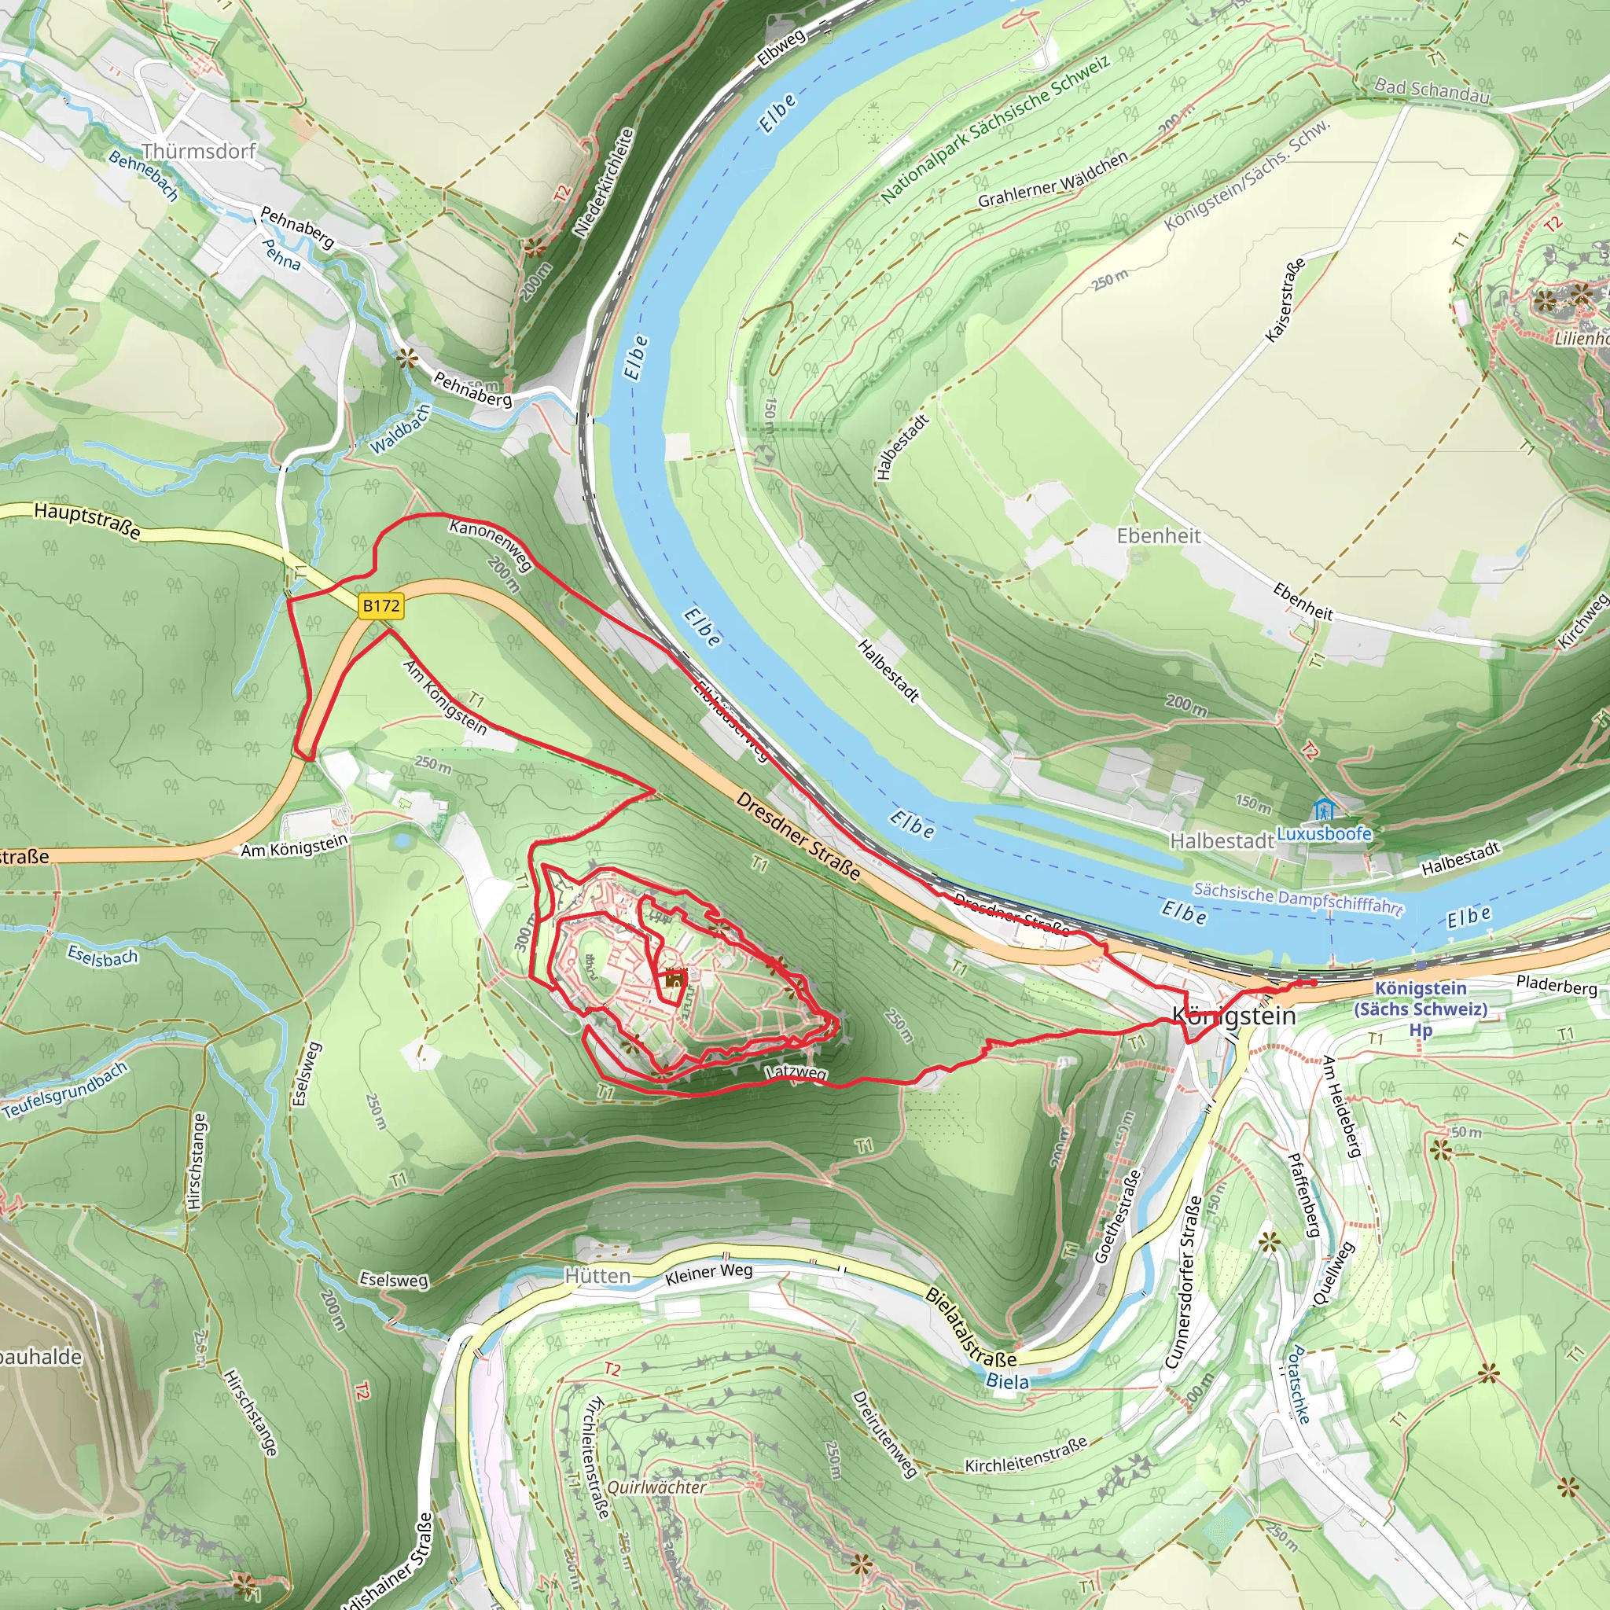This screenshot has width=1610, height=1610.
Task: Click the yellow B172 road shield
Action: (x=380, y=606)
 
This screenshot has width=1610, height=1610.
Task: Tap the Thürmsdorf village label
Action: (x=198, y=152)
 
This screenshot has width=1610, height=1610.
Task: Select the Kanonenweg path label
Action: (x=491, y=543)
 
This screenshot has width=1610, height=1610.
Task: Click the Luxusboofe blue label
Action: (x=1323, y=833)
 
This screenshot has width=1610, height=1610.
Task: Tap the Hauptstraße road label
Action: (x=86, y=519)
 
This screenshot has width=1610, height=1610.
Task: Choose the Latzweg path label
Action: (x=796, y=1071)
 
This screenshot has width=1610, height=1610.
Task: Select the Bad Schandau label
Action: (x=1432, y=90)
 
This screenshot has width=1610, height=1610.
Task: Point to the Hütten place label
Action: (x=597, y=1276)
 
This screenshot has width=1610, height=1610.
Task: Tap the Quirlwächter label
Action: (x=656, y=1487)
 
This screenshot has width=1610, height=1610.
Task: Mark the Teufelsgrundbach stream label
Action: (x=66, y=1091)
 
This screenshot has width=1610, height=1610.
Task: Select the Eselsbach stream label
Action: (x=102, y=957)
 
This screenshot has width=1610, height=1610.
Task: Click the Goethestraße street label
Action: (x=1116, y=1216)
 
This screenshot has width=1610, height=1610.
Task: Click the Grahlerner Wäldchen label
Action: (x=1053, y=180)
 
